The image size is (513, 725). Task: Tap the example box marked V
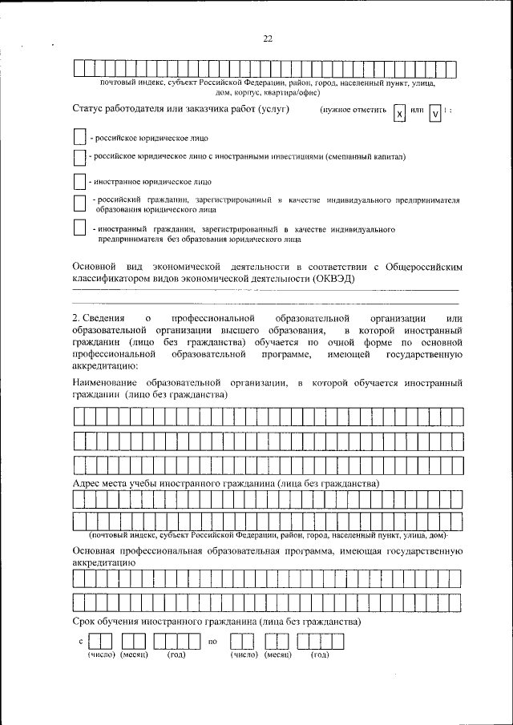434,114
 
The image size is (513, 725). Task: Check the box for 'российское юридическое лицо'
79,136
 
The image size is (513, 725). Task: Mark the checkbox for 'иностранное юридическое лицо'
79,181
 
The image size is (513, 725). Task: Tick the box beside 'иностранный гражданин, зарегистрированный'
79,228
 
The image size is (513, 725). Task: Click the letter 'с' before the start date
81,642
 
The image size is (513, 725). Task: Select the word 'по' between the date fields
212,642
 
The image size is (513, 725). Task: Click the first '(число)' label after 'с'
101,656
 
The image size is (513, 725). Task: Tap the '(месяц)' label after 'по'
276,656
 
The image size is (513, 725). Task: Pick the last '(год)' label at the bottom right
320,656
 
